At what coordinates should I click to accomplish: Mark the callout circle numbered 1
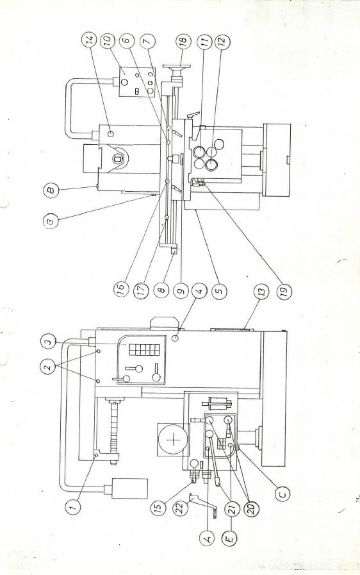point(73,507)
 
